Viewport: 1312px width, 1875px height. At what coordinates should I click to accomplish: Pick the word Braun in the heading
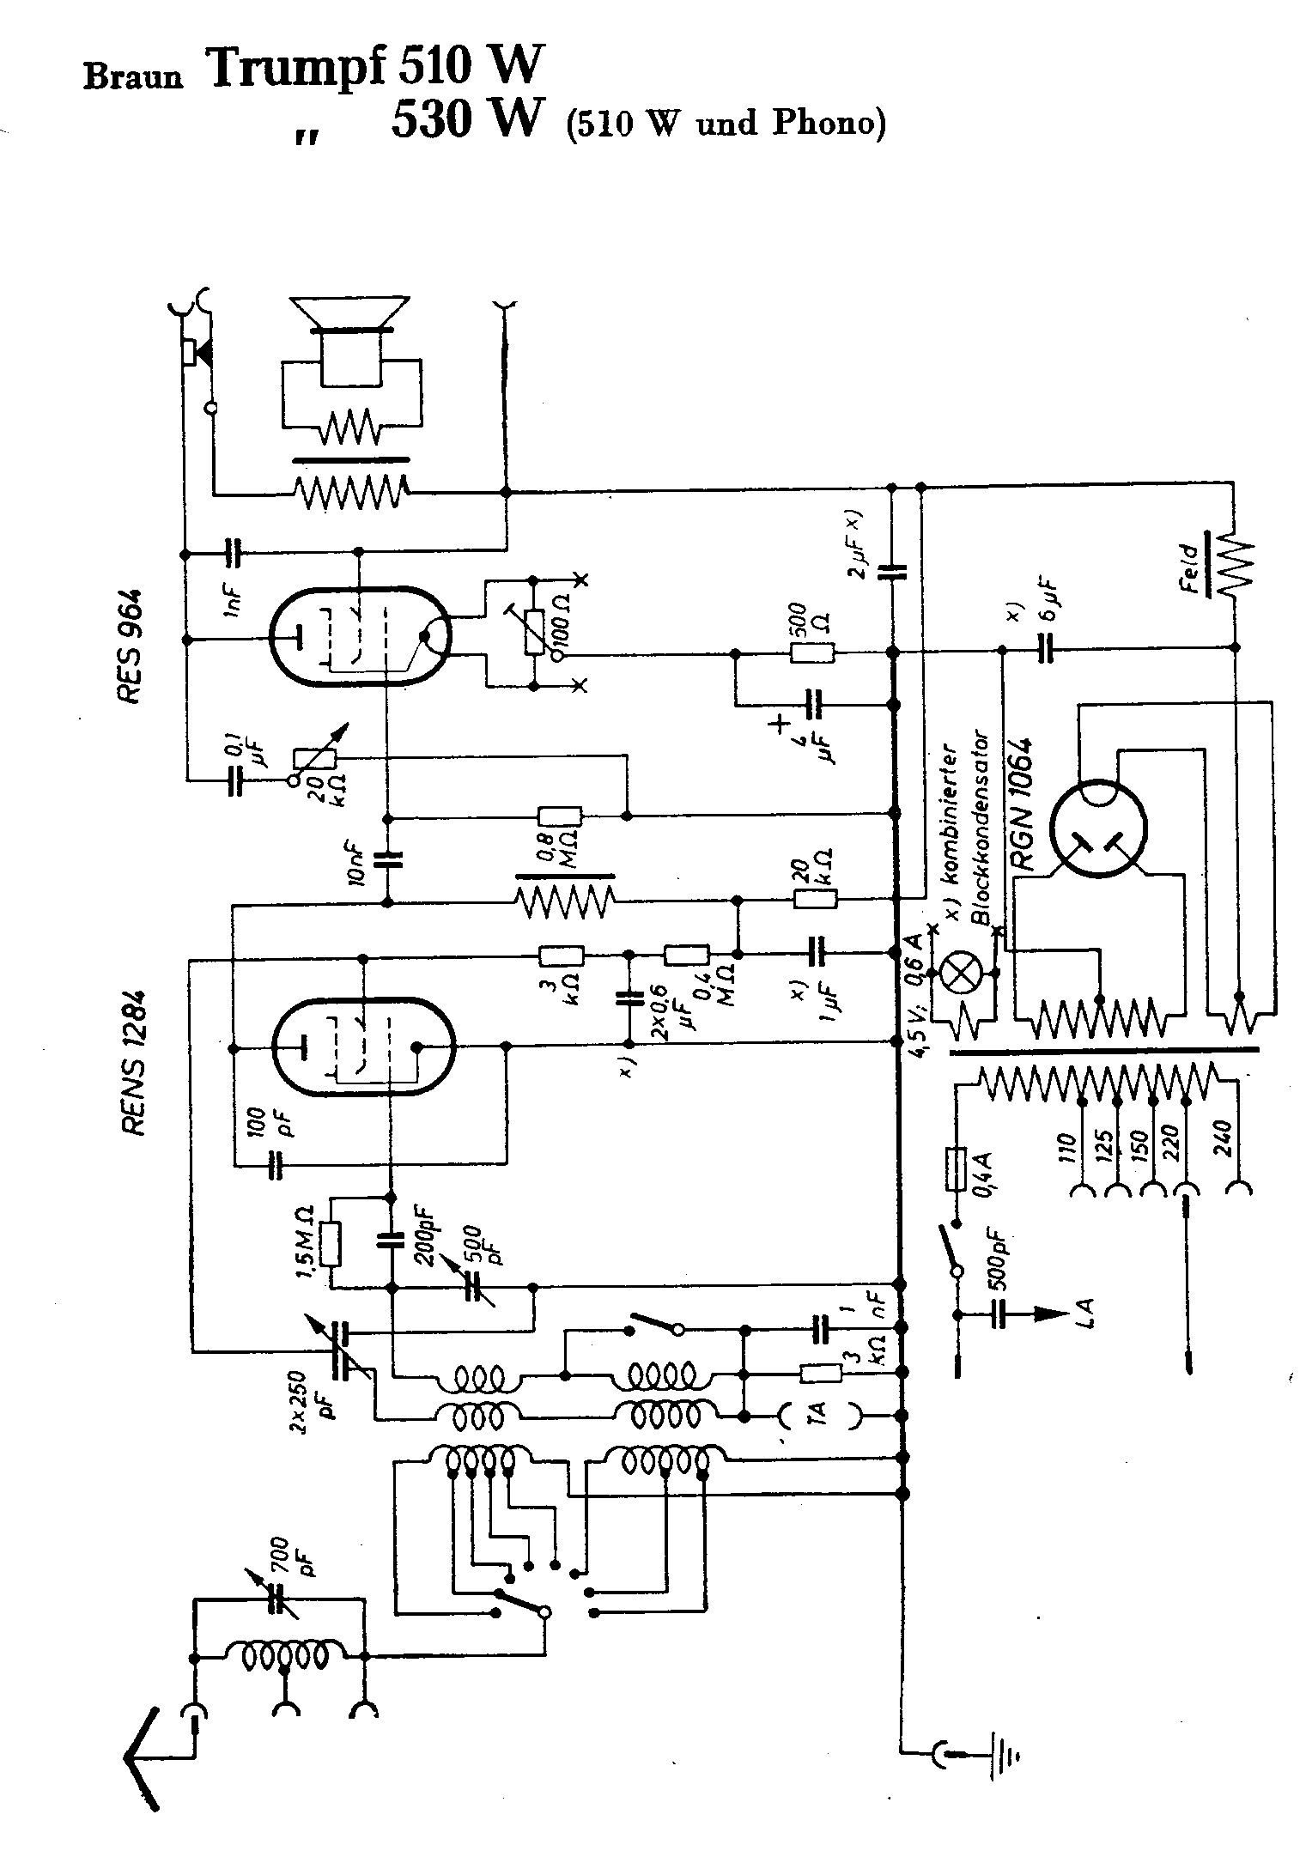[x=133, y=77]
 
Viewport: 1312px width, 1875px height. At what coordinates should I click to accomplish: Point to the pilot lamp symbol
[x=956, y=973]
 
